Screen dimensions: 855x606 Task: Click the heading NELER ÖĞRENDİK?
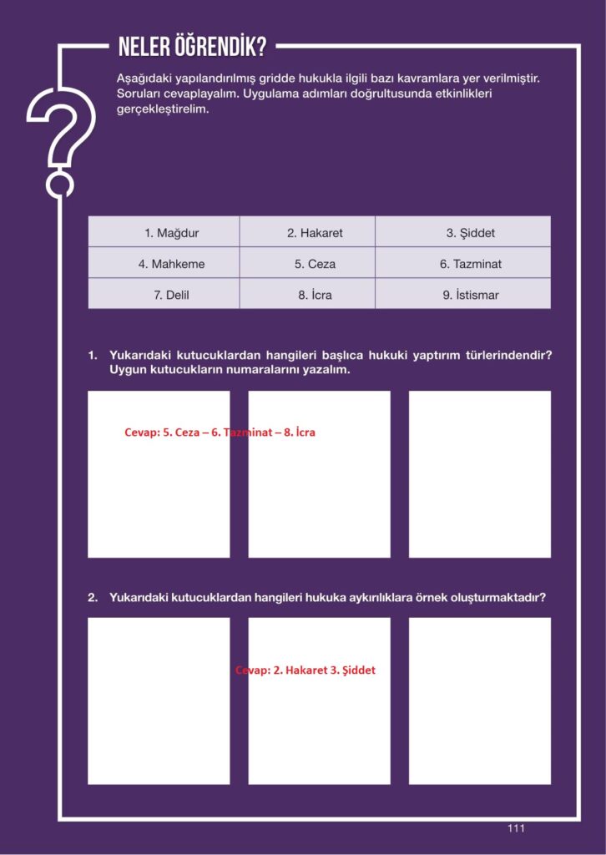pyautogui.click(x=192, y=48)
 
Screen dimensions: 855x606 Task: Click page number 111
pyautogui.click(x=516, y=828)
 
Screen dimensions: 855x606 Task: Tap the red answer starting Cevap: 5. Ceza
pyautogui.click(x=220, y=433)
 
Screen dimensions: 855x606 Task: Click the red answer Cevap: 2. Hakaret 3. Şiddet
pyautogui.click(x=306, y=670)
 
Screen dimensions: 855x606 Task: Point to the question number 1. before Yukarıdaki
pyautogui.click(x=93, y=356)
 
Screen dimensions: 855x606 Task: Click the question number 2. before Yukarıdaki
pyautogui.click(x=93, y=598)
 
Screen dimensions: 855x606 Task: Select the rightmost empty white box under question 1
pyautogui.click(x=479, y=473)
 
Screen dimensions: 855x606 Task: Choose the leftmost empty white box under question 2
pyautogui.click(x=159, y=701)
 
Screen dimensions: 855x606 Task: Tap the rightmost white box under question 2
pyautogui.click(x=479, y=701)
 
